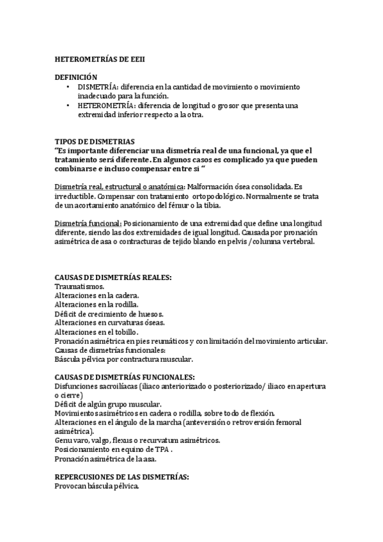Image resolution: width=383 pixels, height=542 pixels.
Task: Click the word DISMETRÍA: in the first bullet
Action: (x=98, y=86)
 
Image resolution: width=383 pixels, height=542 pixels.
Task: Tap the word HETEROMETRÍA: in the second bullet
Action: (x=106, y=105)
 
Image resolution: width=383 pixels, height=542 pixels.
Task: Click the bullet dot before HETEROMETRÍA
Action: (x=70, y=105)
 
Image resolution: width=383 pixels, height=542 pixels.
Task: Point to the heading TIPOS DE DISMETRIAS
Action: (x=95, y=141)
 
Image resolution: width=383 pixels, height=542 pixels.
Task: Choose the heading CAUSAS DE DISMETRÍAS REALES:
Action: (x=113, y=278)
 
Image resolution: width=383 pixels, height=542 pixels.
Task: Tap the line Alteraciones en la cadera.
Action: (x=97, y=296)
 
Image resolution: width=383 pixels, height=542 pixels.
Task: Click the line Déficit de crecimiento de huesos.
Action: (x=109, y=314)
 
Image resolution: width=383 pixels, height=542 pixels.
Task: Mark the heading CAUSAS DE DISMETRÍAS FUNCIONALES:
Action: (x=125, y=377)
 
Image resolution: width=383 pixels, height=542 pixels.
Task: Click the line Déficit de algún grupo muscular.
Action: (x=108, y=405)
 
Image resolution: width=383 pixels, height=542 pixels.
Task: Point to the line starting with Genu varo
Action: (x=137, y=440)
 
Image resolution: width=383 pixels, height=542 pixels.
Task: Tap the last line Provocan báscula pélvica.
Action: (x=97, y=486)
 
